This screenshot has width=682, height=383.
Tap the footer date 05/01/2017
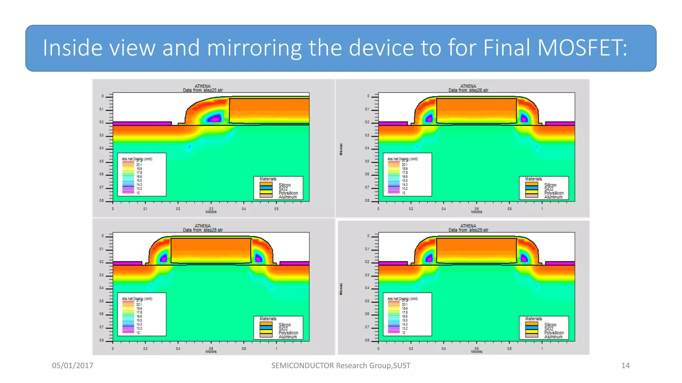click(x=73, y=366)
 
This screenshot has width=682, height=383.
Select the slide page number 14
click(x=625, y=366)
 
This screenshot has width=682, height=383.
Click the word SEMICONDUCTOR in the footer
click(x=302, y=366)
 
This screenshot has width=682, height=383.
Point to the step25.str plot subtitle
click(x=203, y=90)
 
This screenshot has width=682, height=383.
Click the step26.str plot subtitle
click(x=468, y=90)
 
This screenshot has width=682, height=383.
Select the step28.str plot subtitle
click(x=203, y=230)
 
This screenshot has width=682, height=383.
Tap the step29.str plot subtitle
click(x=468, y=230)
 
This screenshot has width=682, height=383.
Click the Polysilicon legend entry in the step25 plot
click(x=288, y=193)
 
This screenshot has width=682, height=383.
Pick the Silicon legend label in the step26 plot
click(x=550, y=185)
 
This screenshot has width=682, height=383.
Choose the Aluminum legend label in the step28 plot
click(x=288, y=337)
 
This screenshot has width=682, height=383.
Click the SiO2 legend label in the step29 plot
click(x=549, y=329)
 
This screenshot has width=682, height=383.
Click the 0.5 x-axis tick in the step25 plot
click(x=276, y=209)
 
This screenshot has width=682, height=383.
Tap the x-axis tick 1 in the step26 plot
click(x=542, y=209)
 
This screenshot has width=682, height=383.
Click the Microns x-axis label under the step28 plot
click(x=211, y=352)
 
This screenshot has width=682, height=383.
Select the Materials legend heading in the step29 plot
click(x=533, y=319)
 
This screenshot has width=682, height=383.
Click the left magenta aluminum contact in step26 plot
click(x=393, y=123)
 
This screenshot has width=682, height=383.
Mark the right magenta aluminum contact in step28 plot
click(x=294, y=263)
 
